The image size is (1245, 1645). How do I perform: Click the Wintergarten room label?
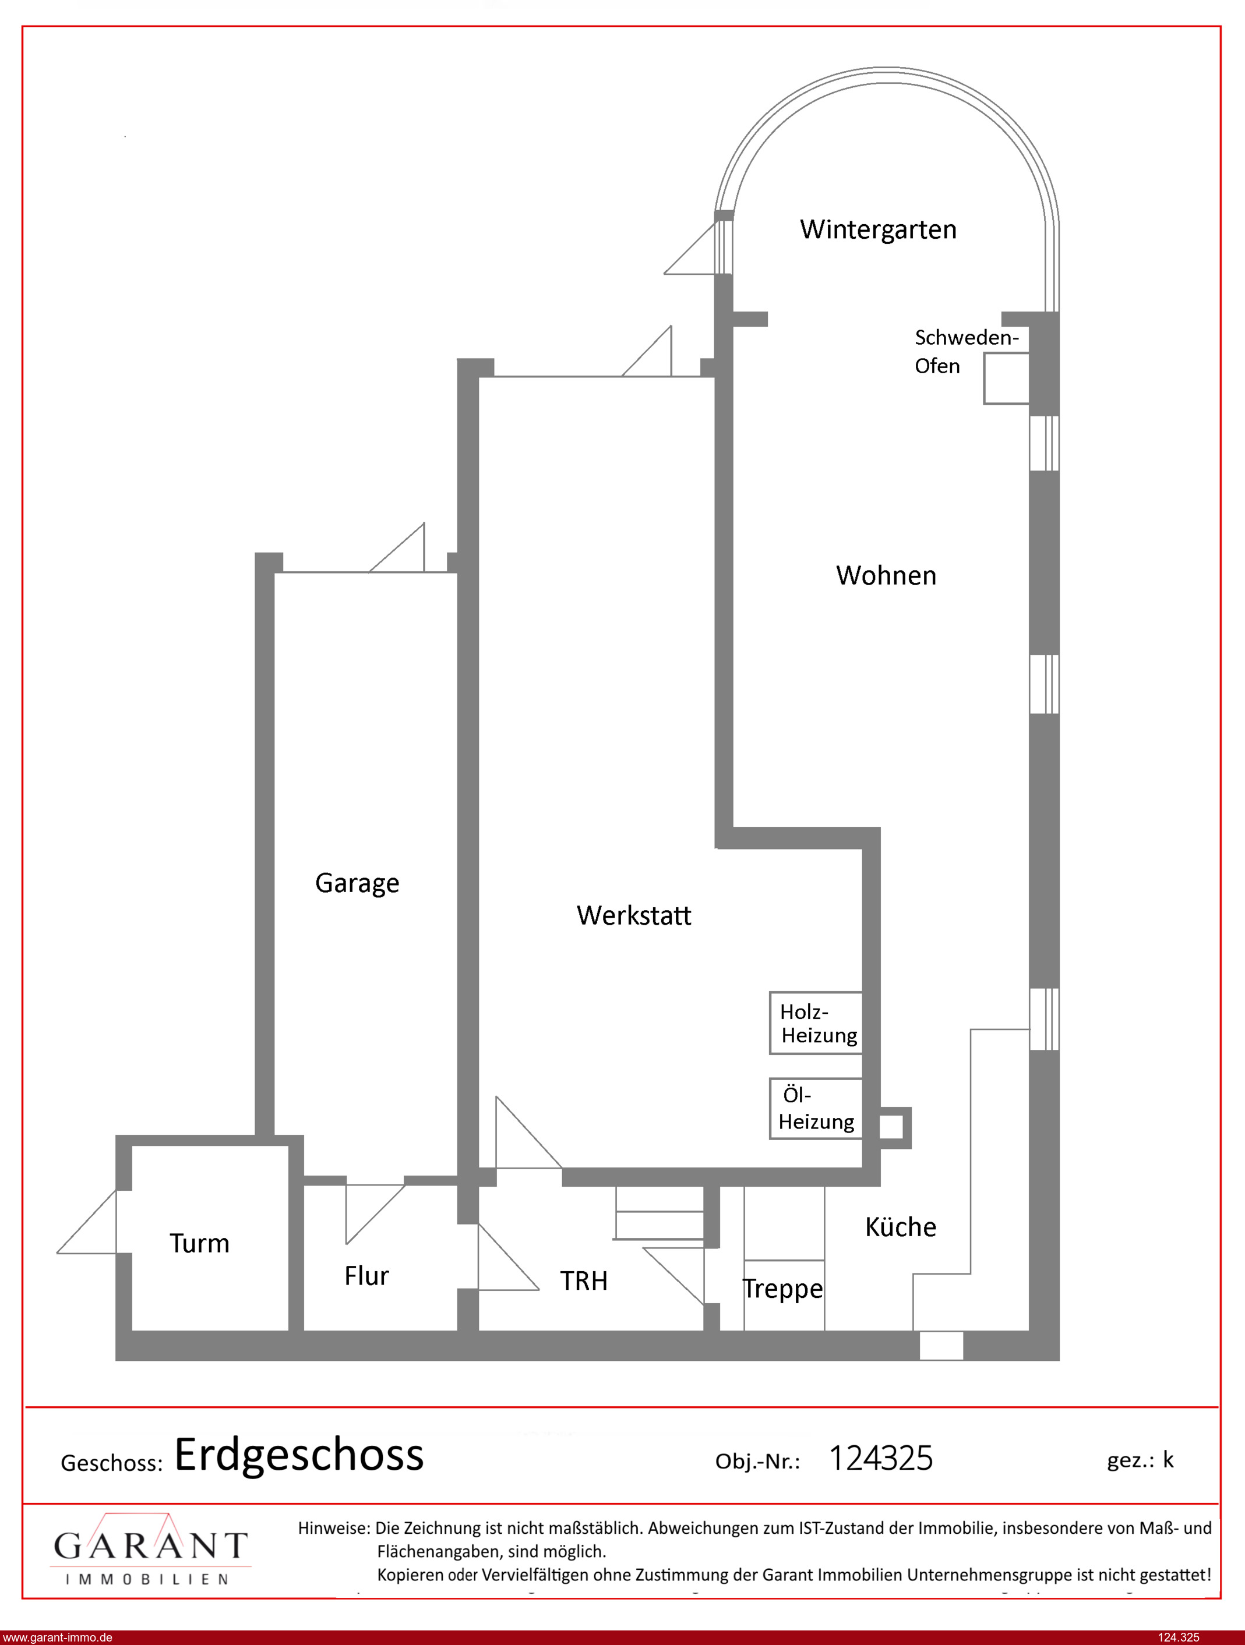click(x=878, y=230)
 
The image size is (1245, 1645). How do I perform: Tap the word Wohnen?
click(x=886, y=575)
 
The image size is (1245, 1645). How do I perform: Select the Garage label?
click(x=357, y=883)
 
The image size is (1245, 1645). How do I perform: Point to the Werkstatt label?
click(x=634, y=915)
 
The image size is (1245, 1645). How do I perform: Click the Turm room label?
click(x=199, y=1243)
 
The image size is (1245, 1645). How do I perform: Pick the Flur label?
click(x=366, y=1276)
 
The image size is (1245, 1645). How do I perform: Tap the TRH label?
click(x=584, y=1281)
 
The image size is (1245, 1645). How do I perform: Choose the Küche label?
click(x=901, y=1226)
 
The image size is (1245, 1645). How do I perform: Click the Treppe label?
click(x=783, y=1289)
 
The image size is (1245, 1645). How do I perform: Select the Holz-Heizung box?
click(x=816, y=1023)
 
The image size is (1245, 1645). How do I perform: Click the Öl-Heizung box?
click(x=816, y=1109)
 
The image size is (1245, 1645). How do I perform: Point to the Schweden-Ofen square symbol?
click(x=1006, y=378)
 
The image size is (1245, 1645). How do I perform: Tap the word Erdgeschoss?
click(x=299, y=1455)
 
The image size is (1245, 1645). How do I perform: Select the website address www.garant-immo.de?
click(x=57, y=1637)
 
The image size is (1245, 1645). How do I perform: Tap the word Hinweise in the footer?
click(x=333, y=1528)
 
